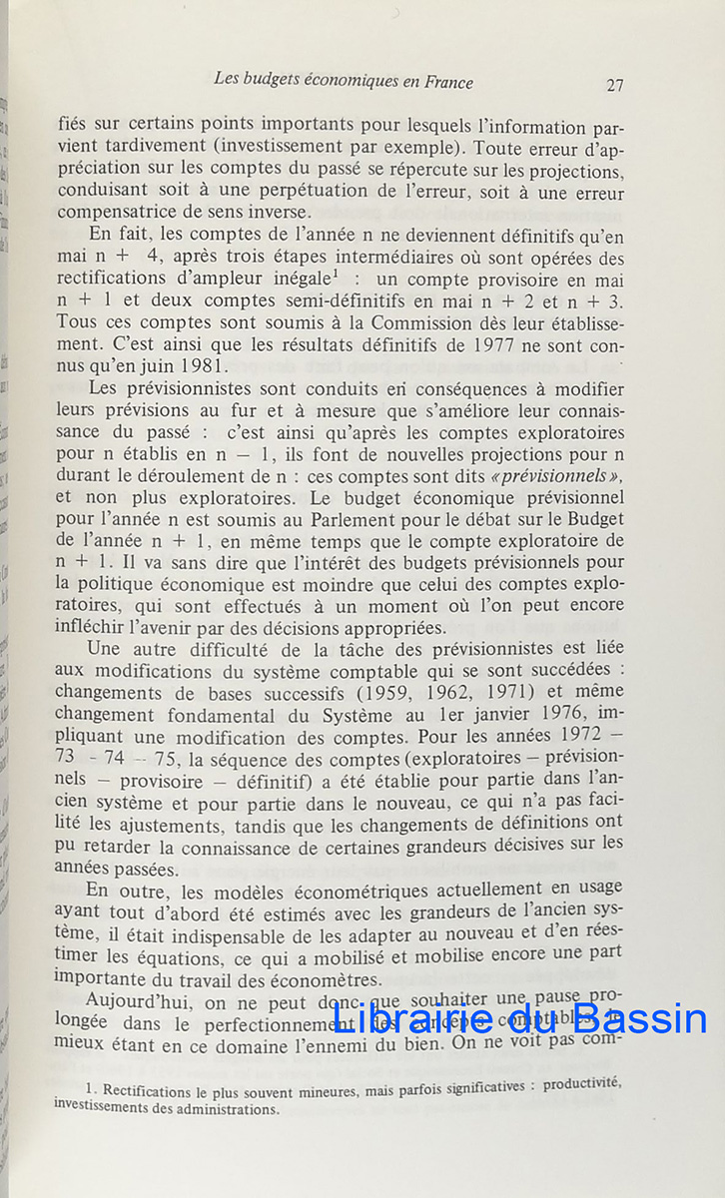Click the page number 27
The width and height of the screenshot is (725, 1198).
(x=615, y=85)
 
